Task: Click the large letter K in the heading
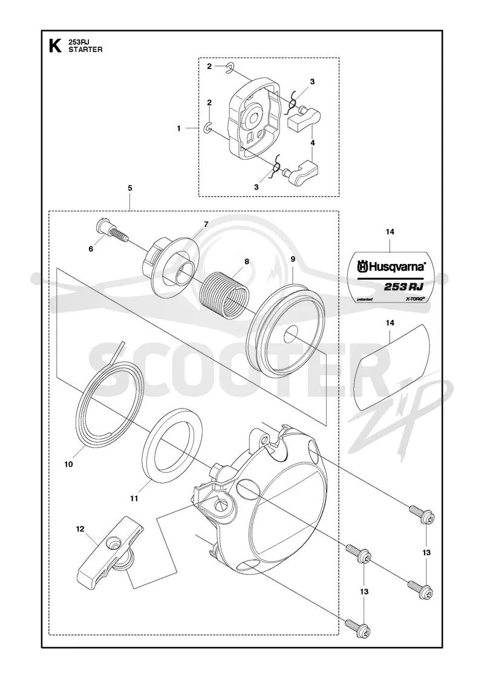(x=54, y=46)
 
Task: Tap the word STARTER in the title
(x=85, y=50)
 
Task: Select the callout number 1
(x=178, y=128)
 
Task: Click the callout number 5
(x=130, y=188)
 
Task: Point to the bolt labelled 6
(x=111, y=233)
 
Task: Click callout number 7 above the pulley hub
(x=206, y=224)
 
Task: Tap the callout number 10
(x=68, y=464)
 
